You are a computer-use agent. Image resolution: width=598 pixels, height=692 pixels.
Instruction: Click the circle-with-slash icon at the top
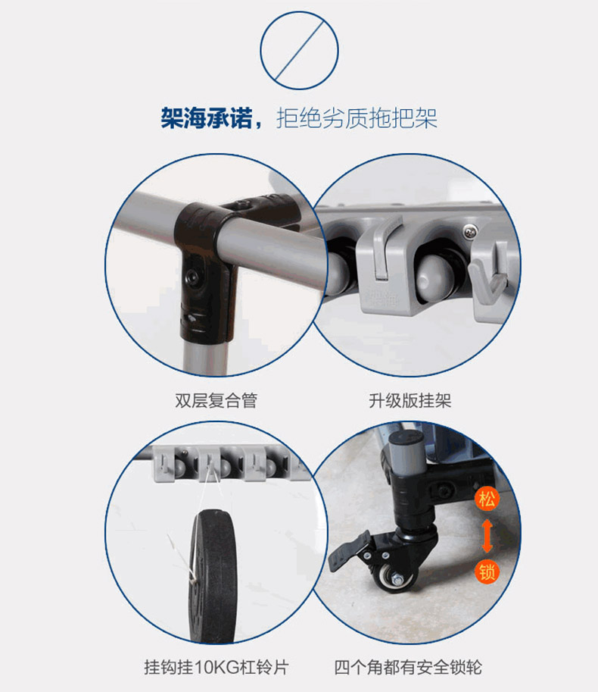299,51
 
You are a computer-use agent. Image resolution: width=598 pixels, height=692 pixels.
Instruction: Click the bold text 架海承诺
206,117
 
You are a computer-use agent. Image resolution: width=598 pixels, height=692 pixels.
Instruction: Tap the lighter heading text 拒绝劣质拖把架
357,118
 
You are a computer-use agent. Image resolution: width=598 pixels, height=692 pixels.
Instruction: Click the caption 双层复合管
216,401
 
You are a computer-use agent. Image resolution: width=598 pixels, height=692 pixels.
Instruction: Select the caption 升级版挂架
410,401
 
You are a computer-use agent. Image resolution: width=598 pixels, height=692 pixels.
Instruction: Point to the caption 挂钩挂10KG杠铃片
216,667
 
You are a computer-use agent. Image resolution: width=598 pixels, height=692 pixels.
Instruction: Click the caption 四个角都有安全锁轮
408,667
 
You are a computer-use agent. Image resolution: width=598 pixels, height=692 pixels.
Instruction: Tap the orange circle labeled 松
487,499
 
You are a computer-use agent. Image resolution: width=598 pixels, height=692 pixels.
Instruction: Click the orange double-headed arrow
487,536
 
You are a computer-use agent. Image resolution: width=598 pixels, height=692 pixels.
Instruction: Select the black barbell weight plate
213,576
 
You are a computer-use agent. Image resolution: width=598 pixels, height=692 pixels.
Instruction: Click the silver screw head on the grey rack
469,230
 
